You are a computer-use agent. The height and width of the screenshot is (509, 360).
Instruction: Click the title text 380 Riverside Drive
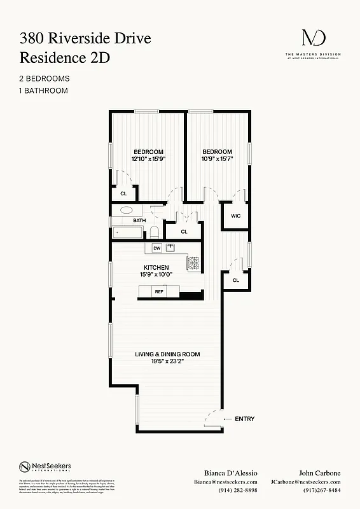(85, 39)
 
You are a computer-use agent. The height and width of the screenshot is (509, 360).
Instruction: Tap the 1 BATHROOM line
(43, 90)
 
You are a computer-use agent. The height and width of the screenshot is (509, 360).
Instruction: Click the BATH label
(139, 221)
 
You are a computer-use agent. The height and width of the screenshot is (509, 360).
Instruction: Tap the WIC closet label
(235, 216)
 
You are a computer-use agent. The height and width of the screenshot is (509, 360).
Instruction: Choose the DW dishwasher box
(156, 248)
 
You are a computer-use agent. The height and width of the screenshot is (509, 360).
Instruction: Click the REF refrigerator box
(159, 292)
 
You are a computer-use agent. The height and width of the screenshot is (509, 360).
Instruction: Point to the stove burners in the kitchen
(193, 261)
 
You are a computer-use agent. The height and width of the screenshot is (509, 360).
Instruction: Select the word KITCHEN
(156, 267)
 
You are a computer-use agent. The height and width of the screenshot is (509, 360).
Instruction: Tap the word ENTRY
(244, 419)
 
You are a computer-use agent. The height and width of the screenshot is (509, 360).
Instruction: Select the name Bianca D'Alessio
(221, 473)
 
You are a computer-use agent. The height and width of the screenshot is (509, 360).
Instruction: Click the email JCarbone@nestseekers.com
(305, 482)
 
